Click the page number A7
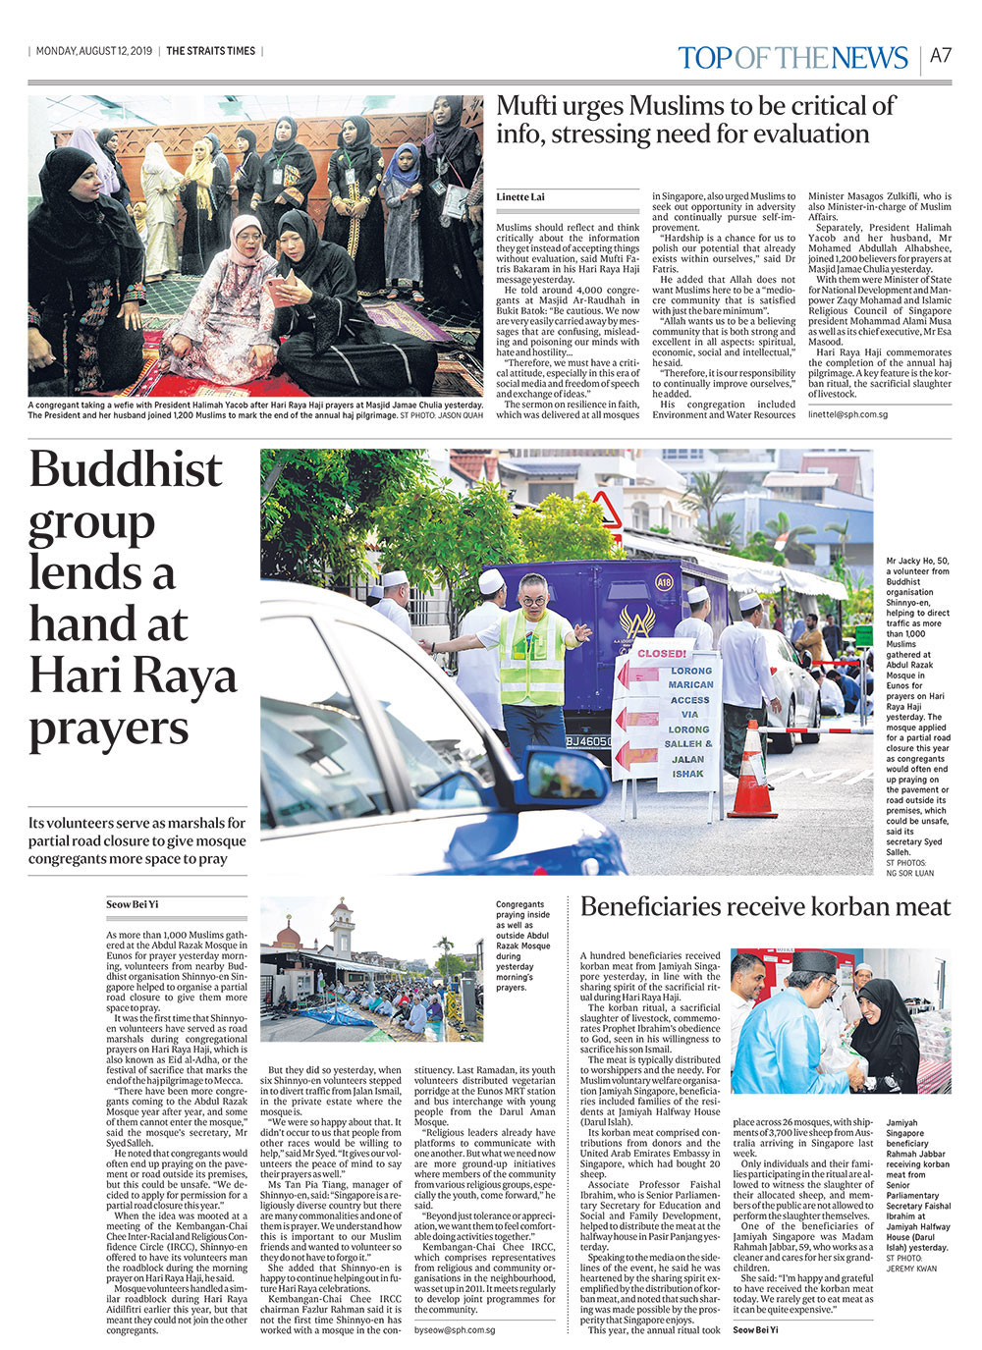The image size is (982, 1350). (941, 56)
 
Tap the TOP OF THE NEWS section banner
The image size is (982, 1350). (791, 58)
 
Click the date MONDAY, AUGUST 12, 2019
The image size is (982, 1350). (94, 51)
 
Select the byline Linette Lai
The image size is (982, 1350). (520, 197)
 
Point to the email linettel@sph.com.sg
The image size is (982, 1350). (847, 414)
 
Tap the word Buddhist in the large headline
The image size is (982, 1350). (126, 469)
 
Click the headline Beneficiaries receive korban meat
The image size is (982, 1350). (766, 906)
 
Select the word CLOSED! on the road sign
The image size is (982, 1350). (662, 653)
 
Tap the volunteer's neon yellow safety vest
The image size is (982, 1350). (531, 658)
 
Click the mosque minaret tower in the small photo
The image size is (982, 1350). (341, 928)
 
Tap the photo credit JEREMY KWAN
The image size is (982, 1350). (912, 1269)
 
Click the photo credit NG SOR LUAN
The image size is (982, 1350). (910, 873)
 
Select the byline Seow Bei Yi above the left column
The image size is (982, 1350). (133, 904)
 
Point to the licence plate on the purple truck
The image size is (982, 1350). (588, 741)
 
